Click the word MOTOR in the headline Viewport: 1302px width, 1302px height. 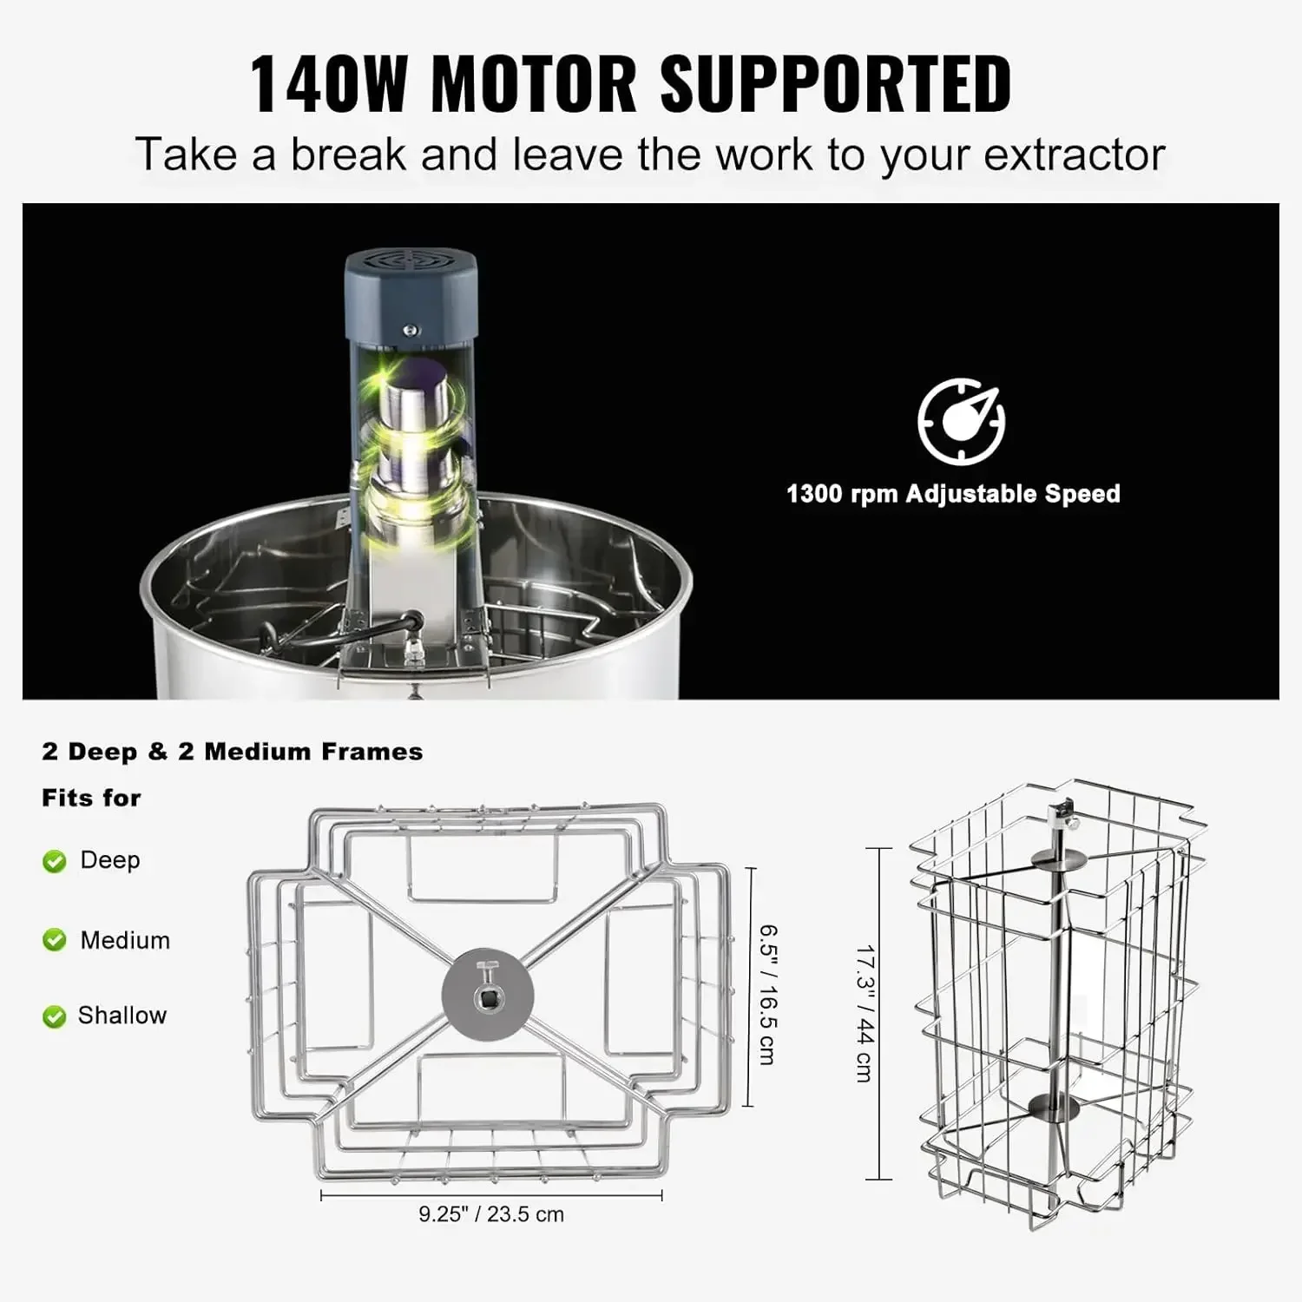(x=533, y=83)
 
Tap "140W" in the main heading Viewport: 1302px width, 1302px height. (x=328, y=83)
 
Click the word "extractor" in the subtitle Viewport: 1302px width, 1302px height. (x=1074, y=155)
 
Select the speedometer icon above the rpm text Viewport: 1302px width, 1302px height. (x=962, y=422)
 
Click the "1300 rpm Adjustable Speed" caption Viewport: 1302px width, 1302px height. (x=953, y=494)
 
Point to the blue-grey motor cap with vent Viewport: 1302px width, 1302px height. (x=411, y=295)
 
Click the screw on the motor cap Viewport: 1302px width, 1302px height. (x=412, y=331)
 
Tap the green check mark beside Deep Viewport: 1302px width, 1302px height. (x=55, y=861)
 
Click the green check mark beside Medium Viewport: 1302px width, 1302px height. (x=55, y=940)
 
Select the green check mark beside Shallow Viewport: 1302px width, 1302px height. (x=55, y=1016)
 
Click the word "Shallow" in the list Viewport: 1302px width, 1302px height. (x=122, y=1016)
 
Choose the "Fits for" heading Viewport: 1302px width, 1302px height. (x=91, y=798)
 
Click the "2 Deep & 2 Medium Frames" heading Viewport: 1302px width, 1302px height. (x=233, y=752)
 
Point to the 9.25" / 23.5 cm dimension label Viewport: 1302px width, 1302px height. (x=491, y=1214)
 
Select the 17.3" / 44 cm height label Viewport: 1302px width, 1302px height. (x=865, y=1014)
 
